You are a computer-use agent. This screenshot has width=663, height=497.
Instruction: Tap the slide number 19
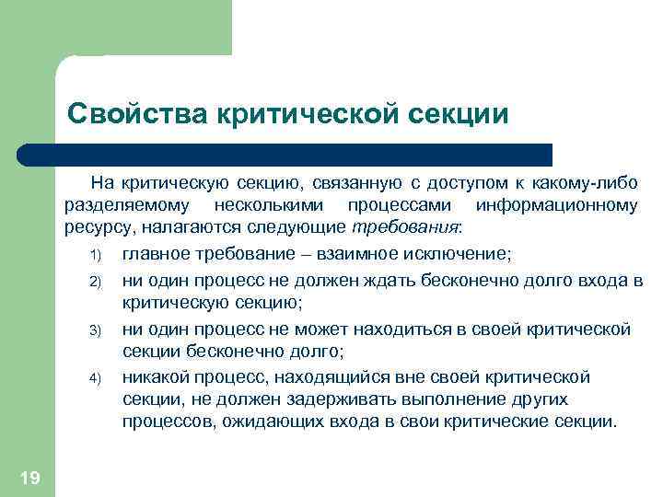click(x=29, y=476)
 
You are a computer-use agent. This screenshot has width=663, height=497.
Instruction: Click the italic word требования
click(x=405, y=228)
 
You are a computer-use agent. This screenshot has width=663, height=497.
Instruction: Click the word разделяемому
click(x=127, y=205)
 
